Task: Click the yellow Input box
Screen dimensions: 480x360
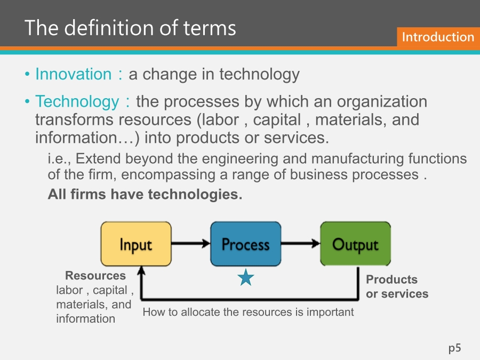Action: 136,244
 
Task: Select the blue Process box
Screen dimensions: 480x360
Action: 246,244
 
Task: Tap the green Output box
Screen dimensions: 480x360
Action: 355,244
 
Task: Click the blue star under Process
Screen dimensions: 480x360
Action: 246,277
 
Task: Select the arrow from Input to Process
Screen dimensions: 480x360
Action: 191,243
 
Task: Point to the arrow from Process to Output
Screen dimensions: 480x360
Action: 301,243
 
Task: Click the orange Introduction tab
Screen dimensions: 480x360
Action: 438,37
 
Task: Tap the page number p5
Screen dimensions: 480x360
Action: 454,348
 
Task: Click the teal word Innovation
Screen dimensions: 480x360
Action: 74,74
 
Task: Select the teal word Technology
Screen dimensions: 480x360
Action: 77,102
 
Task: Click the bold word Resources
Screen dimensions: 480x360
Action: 95,276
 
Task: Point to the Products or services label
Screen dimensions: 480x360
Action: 397,286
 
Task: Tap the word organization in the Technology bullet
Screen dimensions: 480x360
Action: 382,102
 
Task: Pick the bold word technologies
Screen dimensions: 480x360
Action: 195,194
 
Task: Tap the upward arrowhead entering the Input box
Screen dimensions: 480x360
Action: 141,270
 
